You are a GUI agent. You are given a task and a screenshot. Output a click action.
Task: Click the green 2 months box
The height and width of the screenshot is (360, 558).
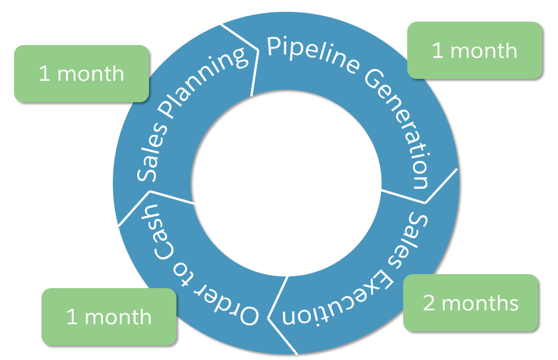pyautogui.click(x=471, y=303)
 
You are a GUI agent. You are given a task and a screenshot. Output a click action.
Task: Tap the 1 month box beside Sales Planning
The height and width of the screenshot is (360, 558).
pyautogui.click(x=81, y=74)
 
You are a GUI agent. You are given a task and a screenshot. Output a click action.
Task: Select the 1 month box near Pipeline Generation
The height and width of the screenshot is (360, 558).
pyautogui.click(x=474, y=50)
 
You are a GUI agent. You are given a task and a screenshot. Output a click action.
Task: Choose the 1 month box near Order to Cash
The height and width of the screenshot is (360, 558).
pyautogui.click(x=109, y=316)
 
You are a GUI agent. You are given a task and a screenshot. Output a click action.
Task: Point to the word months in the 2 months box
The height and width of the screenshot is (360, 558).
pyautogui.click(x=480, y=303)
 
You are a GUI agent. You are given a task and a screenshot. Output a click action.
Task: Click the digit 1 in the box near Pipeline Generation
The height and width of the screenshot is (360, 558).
pyautogui.click(x=437, y=51)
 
